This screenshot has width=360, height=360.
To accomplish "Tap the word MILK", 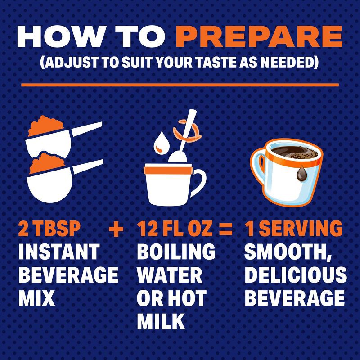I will (x=161, y=321).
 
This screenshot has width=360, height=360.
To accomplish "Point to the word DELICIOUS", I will (x=296, y=275).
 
